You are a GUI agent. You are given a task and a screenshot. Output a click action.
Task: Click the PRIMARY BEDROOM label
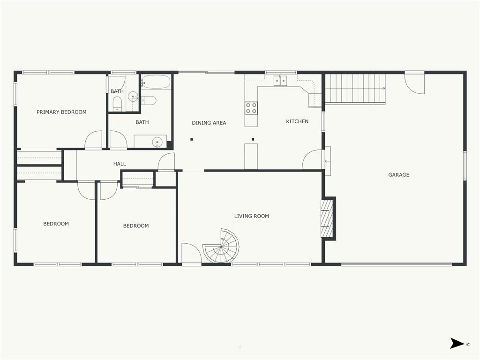coord(61,112)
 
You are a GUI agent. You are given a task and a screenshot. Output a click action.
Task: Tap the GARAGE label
coord(398,175)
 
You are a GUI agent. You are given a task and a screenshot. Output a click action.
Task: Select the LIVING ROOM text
coord(252,216)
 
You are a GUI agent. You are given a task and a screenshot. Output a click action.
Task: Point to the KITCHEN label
coord(297,121)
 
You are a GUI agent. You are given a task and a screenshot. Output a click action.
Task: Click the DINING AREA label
coord(209,123)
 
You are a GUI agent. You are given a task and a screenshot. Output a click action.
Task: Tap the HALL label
coord(120,164)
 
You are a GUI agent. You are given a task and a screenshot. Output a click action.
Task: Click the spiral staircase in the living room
coord(221,246)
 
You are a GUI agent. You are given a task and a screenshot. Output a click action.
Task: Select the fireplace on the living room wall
coord(327,218)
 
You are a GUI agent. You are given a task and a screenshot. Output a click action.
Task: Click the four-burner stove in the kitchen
coord(251,108)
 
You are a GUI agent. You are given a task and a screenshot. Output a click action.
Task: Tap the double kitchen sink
coord(280,81)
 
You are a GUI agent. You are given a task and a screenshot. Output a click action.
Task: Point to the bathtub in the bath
coord(156,82)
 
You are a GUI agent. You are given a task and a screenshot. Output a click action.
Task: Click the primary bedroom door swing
coord(93,140)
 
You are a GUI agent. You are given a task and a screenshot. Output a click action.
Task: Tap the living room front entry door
coord(191,253)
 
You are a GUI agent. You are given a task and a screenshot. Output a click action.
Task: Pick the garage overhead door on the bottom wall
coord(397,264)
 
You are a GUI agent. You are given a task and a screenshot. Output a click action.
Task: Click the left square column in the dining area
coord(192,139)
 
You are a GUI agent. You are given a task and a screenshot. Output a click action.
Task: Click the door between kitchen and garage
coord(312,159)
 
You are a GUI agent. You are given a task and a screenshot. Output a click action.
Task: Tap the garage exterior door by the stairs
coord(415,82)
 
